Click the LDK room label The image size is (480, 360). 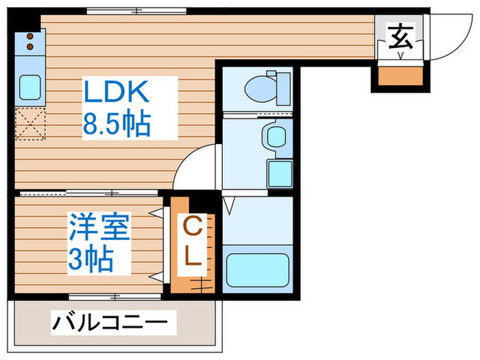[x=115, y=92]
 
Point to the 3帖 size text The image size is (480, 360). [x=91, y=260]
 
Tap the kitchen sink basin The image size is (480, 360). [x=29, y=87]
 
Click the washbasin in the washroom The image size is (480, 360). [x=276, y=135]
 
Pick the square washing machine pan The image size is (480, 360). [x=279, y=174]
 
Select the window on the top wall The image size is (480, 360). [x=137, y=10]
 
